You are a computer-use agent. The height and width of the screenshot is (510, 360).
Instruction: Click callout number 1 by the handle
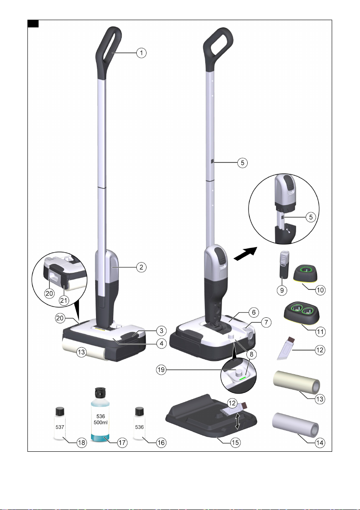141,53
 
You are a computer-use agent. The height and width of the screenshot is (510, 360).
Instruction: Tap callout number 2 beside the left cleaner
141,267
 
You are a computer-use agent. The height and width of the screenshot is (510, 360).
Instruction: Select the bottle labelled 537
60,424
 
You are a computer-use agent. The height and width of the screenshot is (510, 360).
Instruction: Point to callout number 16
161,442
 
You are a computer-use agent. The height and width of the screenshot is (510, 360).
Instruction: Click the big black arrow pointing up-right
246,254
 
